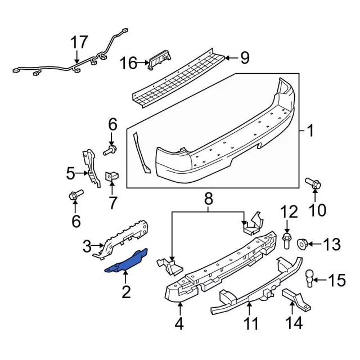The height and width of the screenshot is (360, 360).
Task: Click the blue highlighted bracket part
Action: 127,262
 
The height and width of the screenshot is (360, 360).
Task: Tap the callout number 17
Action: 79,43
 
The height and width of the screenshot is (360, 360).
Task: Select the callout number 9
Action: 244,57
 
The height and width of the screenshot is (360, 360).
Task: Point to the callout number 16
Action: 128,62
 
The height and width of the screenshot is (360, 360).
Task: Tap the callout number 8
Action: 209,198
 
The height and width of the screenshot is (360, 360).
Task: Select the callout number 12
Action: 288,212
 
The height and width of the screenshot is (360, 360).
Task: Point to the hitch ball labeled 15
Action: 310,277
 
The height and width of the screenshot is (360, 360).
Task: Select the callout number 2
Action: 125,291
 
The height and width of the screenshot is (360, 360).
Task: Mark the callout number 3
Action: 87,246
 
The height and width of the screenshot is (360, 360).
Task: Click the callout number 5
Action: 70,173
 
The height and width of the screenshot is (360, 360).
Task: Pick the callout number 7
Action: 112,201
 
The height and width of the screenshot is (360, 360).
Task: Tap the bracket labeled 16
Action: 159,60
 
